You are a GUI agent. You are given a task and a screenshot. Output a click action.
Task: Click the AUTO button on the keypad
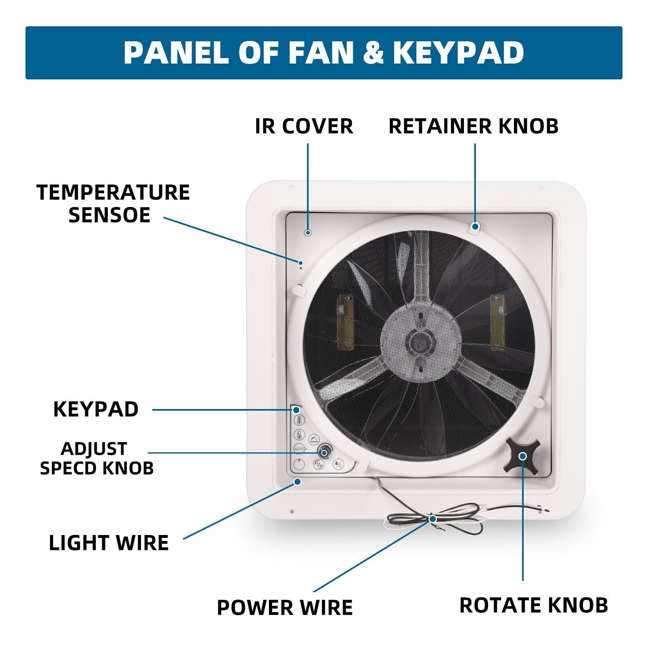coord(299,449)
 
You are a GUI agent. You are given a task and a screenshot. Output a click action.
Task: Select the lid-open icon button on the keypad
coord(314,439)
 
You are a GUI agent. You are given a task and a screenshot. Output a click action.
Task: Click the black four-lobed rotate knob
coord(522,456)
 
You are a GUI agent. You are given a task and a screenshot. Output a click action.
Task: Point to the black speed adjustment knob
coord(324,451)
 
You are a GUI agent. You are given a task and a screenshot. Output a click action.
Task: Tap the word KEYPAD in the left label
coord(96,409)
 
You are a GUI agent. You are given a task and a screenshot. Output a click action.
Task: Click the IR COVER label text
coord(304,126)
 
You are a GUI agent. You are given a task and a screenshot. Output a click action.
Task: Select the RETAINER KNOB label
coord(473,126)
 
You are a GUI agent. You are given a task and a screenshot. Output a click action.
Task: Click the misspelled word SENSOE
coord(109,215)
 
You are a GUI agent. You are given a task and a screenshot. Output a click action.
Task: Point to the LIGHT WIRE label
coord(109,543)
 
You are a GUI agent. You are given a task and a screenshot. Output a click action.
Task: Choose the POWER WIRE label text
coord(285,607)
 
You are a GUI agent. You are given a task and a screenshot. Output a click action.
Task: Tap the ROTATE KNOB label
coord(534,605)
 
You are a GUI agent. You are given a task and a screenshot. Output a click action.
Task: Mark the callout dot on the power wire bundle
coord(433,519)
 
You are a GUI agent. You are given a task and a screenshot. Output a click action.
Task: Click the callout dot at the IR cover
coord(308,232)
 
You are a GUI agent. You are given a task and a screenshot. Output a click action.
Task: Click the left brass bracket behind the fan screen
coord(345,322)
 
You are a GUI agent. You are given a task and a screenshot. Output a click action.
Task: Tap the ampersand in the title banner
coord(373,53)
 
